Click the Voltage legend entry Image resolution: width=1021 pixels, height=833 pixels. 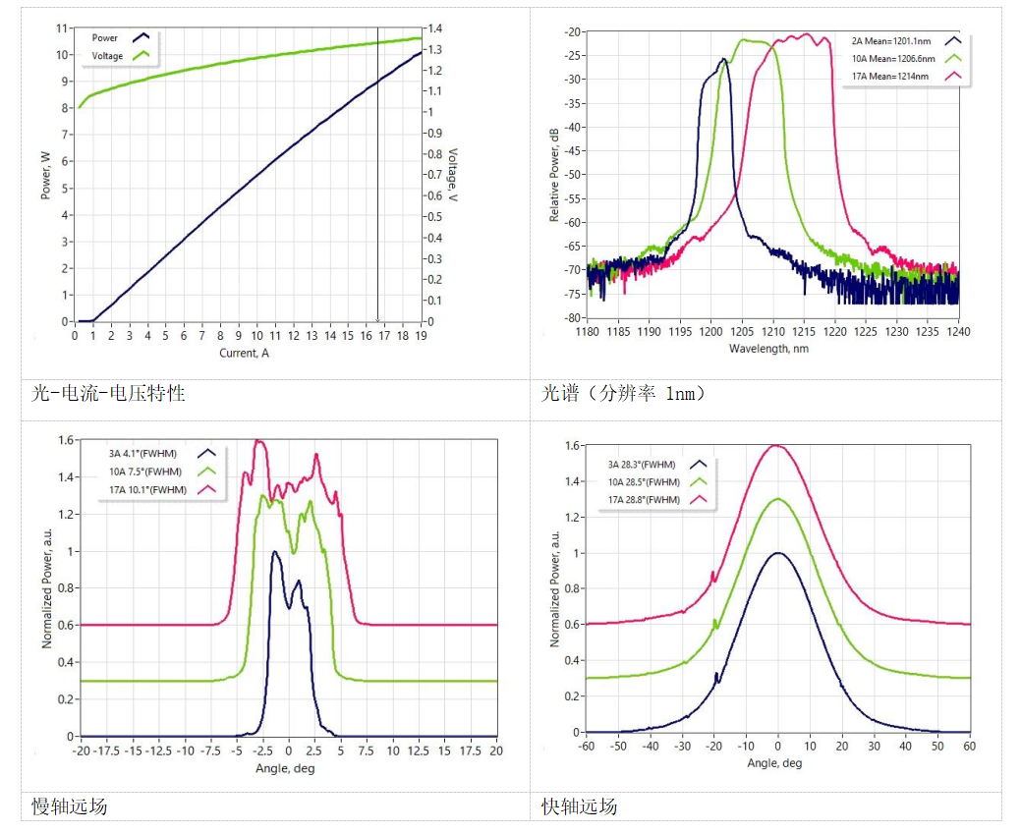[108, 56]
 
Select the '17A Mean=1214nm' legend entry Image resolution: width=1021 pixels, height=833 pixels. [890, 76]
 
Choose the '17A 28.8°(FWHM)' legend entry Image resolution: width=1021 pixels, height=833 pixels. [644, 500]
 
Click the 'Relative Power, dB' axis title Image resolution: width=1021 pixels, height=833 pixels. [555, 174]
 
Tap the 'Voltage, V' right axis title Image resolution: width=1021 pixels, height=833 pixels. [453, 176]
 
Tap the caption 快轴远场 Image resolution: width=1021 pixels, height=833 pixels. [579, 806]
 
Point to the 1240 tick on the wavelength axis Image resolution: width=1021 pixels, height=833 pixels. [957, 332]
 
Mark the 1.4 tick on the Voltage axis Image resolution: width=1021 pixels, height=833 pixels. [434, 28]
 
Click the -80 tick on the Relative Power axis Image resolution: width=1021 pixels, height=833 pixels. [571, 318]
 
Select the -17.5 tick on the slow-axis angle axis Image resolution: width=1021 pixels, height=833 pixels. [108, 750]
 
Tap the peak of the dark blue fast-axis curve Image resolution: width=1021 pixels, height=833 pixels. [778, 553]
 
